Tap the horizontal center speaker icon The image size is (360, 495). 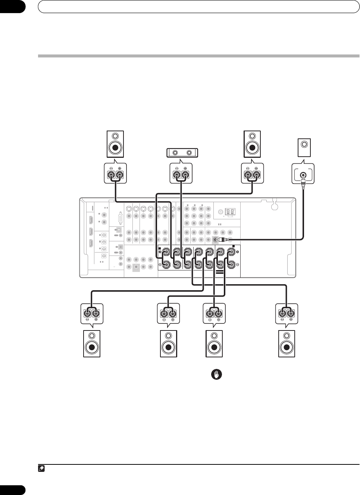pyautogui.click(x=182, y=153)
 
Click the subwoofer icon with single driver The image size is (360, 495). pyautogui.click(x=304, y=148)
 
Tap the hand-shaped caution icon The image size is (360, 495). pyautogui.click(x=216, y=375)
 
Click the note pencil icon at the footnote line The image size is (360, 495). pyautogui.click(x=41, y=468)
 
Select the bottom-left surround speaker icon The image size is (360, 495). pyautogui.click(x=92, y=344)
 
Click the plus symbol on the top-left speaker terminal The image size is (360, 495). pyautogui.click(x=120, y=168)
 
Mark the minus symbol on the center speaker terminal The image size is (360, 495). pyautogui.click(x=175, y=168)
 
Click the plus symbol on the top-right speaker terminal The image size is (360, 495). pyautogui.click(x=256, y=168)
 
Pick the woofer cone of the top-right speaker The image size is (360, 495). pyautogui.click(x=253, y=148)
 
